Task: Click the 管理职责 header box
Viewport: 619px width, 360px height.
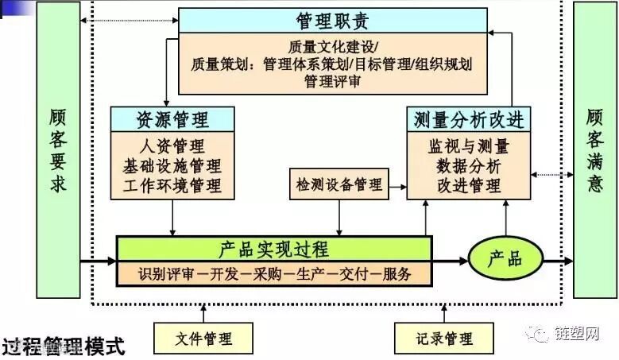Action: pos(332,20)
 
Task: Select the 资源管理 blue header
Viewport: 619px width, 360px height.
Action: pos(172,119)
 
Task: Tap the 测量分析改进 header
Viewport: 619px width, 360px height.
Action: pos(469,119)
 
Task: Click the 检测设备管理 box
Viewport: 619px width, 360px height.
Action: pos(339,185)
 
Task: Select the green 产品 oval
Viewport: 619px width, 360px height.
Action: pos(505,258)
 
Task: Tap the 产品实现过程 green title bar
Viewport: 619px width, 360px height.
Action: pos(273,248)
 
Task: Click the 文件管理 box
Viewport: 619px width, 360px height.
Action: pos(203,339)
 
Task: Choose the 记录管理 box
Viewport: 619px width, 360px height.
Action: pos(443,339)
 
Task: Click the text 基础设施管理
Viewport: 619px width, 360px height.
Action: pos(172,167)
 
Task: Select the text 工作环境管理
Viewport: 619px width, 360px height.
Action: pos(172,186)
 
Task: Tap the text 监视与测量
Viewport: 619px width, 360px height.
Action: pos(468,147)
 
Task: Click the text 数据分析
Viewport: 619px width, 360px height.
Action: pos(468,167)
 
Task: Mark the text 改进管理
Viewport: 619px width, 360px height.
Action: pos(468,186)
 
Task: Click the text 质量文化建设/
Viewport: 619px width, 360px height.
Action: pos(332,47)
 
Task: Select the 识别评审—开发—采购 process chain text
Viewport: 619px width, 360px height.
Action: pos(274,274)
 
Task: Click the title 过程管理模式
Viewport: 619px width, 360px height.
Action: pos(64,347)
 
